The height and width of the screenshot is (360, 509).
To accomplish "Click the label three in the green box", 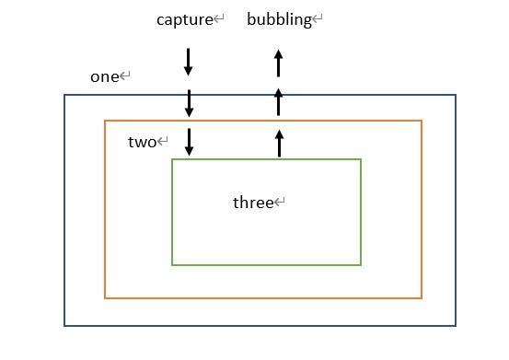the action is [x=253, y=203].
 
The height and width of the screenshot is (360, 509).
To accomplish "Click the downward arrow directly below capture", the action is [x=188, y=62].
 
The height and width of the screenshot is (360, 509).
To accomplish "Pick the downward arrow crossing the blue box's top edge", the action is [x=188, y=102].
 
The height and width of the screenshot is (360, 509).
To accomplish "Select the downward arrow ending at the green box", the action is [x=188, y=143].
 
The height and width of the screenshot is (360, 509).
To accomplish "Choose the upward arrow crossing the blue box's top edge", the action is [x=278, y=102].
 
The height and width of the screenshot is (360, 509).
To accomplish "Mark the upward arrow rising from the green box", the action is [x=278, y=143].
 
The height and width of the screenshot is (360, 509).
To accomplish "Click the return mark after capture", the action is [x=219, y=19].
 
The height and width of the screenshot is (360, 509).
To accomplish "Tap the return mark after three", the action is [x=281, y=203].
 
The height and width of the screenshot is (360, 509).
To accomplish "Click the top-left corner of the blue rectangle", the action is [x=64, y=96].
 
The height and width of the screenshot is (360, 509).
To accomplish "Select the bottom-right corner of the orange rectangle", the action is [x=422, y=297].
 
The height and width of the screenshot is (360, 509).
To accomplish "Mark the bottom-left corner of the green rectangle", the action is [x=172, y=264].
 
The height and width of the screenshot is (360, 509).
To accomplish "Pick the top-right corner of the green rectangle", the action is [x=361, y=160].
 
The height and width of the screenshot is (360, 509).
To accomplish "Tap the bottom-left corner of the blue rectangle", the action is [x=64, y=325].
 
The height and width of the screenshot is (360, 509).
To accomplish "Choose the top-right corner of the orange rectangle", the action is [x=422, y=121].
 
